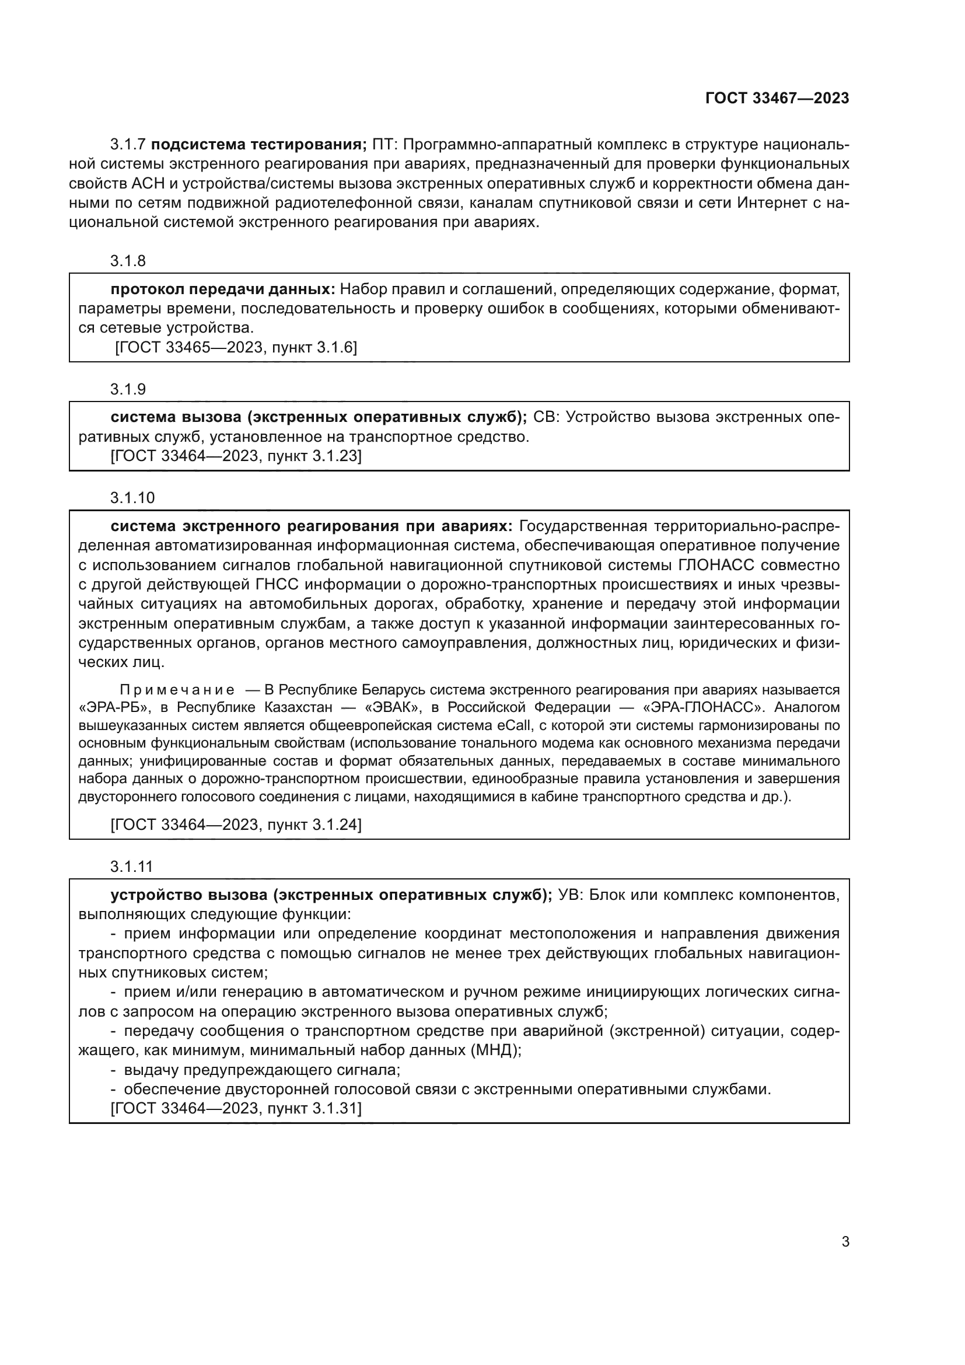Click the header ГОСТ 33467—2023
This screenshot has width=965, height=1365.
click(777, 98)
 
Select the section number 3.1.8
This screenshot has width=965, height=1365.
click(128, 261)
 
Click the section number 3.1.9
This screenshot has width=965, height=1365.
click(128, 389)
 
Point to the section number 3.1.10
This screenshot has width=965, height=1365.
click(132, 498)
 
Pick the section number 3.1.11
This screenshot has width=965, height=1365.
click(131, 867)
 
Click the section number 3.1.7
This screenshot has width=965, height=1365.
click(128, 145)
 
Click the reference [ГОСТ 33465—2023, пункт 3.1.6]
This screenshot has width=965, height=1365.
click(236, 348)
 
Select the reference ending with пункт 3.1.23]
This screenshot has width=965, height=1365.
click(236, 456)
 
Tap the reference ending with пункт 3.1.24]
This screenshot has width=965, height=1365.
click(236, 825)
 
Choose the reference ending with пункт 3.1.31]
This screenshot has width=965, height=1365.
click(236, 1108)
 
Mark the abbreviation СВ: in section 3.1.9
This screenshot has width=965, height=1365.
click(546, 417)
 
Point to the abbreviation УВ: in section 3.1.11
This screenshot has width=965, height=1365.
click(571, 895)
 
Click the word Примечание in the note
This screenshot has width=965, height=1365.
click(177, 690)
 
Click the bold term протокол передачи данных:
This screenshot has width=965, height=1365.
click(223, 289)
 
